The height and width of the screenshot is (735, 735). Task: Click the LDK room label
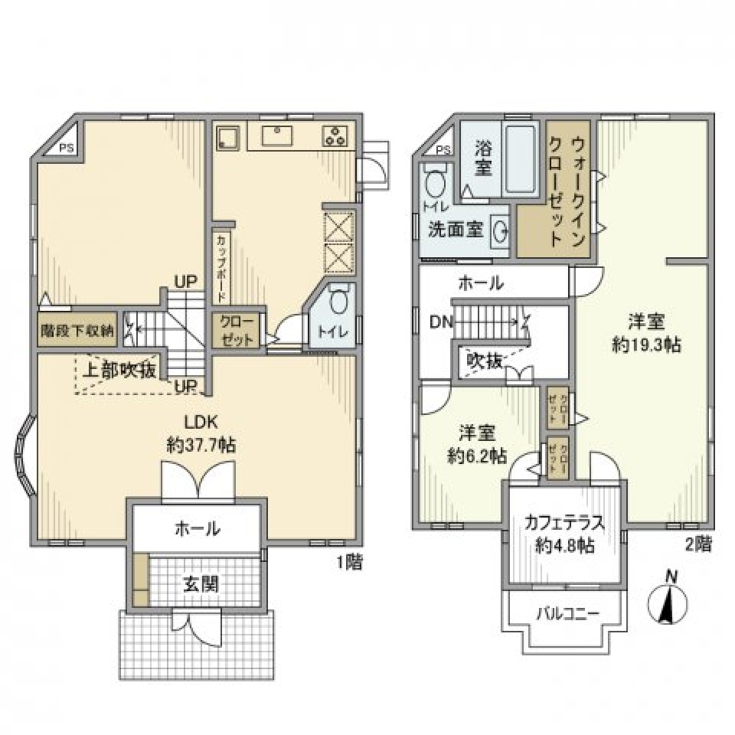[201, 421]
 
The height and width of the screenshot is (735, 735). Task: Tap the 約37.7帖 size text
[201, 445]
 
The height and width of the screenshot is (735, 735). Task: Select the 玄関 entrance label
[201, 584]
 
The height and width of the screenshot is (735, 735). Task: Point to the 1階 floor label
[348, 562]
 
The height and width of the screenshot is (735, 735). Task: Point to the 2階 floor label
[698, 544]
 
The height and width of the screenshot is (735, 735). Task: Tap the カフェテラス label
[565, 524]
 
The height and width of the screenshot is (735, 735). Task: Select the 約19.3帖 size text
[646, 345]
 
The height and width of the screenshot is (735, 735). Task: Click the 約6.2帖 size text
[475, 456]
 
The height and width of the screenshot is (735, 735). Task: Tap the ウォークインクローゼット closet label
[568, 189]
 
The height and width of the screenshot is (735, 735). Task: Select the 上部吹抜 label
[119, 370]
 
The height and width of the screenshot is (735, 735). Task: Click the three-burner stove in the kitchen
[335, 136]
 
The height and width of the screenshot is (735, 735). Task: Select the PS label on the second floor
[443, 150]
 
